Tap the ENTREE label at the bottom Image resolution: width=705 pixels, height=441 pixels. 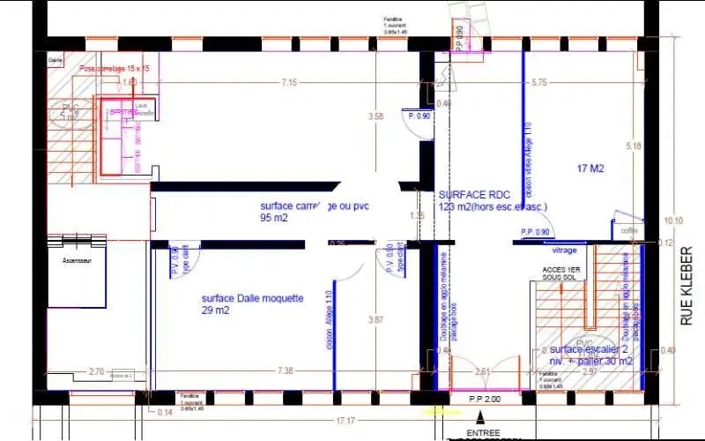click(x=484, y=433)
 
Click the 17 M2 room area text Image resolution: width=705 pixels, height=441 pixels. click(x=590, y=168)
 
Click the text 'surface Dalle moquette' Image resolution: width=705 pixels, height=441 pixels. click(x=252, y=299)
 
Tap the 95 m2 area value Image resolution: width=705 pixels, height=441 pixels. click(x=274, y=217)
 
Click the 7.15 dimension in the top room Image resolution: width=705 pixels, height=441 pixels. click(x=289, y=83)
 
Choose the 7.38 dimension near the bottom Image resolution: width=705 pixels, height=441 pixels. click(x=285, y=371)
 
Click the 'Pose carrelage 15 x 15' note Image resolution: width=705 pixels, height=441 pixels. click(x=115, y=68)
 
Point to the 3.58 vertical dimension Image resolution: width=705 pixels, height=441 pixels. click(x=376, y=116)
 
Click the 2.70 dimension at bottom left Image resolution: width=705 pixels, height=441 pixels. click(x=97, y=371)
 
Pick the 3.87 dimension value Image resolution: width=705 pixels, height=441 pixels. click(x=375, y=319)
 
